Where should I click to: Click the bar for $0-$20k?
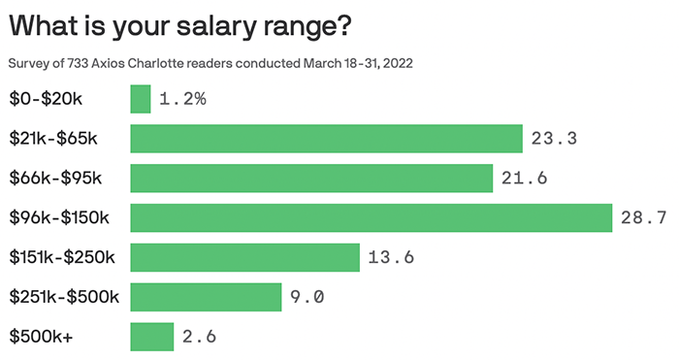tap(141, 99)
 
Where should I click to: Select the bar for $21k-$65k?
tap(327, 139)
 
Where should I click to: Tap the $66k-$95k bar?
tap(311, 179)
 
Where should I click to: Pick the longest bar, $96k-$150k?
tap(372, 218)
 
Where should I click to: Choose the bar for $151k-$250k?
tap(245, 258)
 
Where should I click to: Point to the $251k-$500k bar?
tap(206, 297)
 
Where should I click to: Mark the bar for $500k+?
tap(152, 337)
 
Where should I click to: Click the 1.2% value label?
tap(182, 99)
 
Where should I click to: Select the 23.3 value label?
tap(555, 139)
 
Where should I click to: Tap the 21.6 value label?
tap(525, 179)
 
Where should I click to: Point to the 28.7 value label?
tap(643, 218)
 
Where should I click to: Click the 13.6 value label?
tap(392, 258)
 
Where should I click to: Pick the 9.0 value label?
tap(307, 297)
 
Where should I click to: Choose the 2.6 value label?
tap(199, 337)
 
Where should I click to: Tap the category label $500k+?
tap(40, 337)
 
